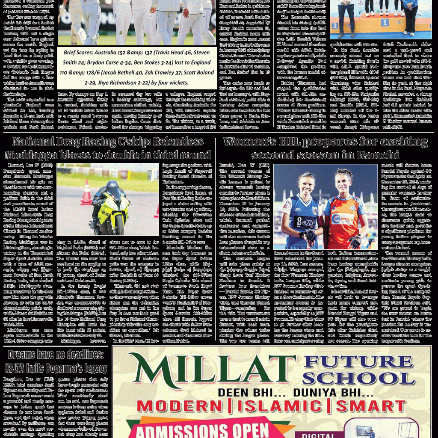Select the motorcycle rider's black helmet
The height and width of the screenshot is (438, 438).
tap(112, 187)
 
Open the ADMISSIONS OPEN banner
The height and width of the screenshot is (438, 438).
tap(196, 429)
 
